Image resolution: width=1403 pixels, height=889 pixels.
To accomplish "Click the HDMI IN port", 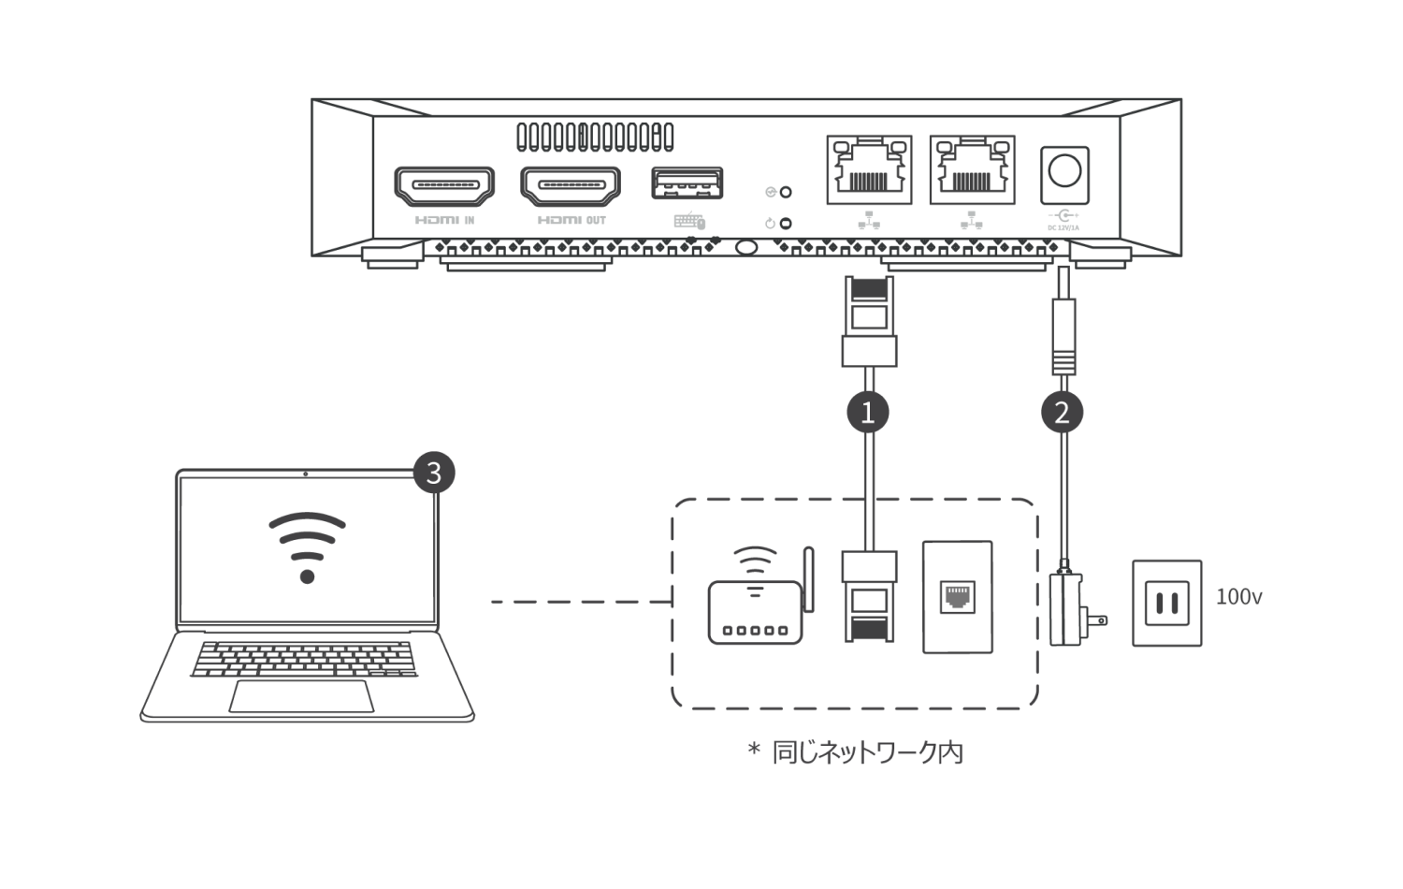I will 444,185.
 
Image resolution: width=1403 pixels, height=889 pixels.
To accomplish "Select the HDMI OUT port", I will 571,185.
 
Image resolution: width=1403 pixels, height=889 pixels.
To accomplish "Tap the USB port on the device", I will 687,182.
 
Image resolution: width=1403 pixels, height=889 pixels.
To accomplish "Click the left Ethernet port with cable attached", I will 869,169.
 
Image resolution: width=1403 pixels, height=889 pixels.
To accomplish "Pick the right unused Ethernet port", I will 972,169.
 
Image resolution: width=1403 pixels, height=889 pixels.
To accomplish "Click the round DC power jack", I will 1064,173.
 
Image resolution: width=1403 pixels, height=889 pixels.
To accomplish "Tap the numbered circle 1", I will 868,412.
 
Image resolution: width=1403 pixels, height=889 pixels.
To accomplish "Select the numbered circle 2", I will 1062,412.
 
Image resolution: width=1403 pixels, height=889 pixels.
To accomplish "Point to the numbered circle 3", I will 433,473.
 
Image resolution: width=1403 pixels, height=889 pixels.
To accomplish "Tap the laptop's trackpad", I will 301,696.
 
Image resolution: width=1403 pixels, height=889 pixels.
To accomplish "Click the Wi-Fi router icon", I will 758,599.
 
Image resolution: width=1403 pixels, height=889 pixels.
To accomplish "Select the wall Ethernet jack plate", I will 957,596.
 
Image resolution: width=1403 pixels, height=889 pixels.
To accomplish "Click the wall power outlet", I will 1166,603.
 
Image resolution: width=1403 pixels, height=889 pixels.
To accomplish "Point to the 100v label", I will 1238,597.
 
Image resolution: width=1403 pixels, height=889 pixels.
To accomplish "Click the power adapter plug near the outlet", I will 1071,610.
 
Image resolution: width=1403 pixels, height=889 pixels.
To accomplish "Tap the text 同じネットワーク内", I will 867,752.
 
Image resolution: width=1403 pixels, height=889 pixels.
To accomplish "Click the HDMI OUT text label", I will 571,221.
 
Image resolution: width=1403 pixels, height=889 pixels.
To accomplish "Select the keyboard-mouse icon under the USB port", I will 689,222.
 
